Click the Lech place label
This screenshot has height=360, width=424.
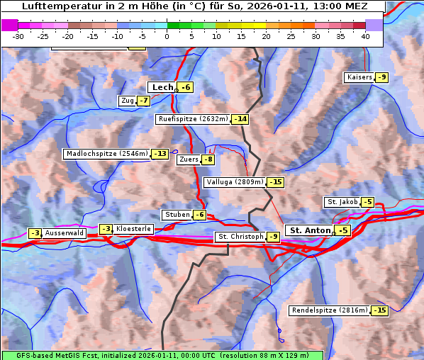pos(162,87)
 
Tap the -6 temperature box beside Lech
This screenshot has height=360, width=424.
pos(186,87)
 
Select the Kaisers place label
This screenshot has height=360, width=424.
pos(359,77)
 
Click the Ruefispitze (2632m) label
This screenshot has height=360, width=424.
pos(193,119)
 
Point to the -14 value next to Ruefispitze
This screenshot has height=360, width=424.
pos(240,119)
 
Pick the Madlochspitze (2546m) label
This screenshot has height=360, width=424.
pos(107,154)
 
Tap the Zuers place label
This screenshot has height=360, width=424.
pos(189,159)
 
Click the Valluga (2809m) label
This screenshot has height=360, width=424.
pos(234,182)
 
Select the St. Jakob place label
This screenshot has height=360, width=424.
pos(342,202)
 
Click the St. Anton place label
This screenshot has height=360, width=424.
pos(311,230)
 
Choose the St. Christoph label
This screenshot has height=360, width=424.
pos(240,237)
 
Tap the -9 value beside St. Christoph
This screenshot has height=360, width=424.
pos(273,237)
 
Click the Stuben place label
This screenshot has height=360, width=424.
pos(177,215)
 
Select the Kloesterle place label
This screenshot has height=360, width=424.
pos(133,229)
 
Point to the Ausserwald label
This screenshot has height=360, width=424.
pos(65,233)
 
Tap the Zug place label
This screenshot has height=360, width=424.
pos(128,101)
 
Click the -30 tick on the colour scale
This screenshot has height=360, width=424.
pos(18,36)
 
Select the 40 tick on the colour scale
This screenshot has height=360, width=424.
pos(365,36)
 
